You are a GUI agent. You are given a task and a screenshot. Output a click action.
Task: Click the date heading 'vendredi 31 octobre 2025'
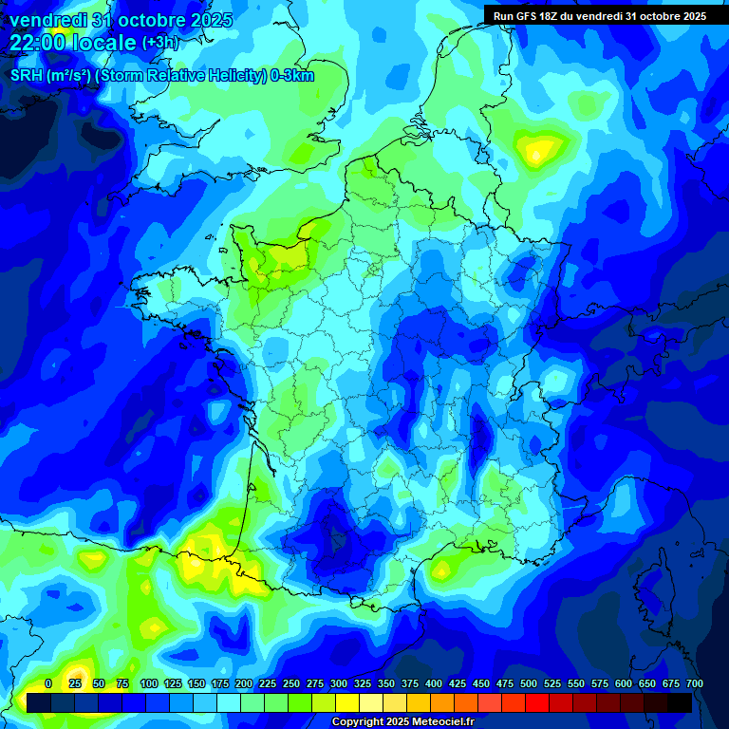(121, 20)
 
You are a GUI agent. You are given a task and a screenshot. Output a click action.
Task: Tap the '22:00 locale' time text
(73, 42)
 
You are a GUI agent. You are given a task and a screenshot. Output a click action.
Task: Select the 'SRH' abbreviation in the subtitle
(27, 76)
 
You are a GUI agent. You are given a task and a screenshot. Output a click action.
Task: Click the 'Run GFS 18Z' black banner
(600, 16)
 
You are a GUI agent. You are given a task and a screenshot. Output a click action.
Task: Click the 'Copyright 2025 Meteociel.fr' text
(402, 722)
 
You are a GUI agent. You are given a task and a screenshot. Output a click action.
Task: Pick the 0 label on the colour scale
(48, 683)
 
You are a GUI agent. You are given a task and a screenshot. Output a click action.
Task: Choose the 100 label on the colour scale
(149, 683)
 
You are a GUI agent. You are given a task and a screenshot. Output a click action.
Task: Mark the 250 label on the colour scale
(291, 683)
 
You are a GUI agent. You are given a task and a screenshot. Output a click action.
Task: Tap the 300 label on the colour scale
(339, 683)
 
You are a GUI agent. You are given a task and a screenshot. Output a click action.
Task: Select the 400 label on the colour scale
(434, 683)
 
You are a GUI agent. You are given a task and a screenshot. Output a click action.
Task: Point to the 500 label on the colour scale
(529, 683)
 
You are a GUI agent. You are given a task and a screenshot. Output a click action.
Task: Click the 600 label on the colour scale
(624, 683)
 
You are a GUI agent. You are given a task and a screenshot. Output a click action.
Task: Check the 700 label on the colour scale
(695, 683)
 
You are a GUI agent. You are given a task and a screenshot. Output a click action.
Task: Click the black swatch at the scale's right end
(680, 702)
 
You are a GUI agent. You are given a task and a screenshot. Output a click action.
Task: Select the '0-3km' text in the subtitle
(292, 76)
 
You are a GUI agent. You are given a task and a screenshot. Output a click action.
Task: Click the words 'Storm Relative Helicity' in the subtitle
(183, 76)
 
